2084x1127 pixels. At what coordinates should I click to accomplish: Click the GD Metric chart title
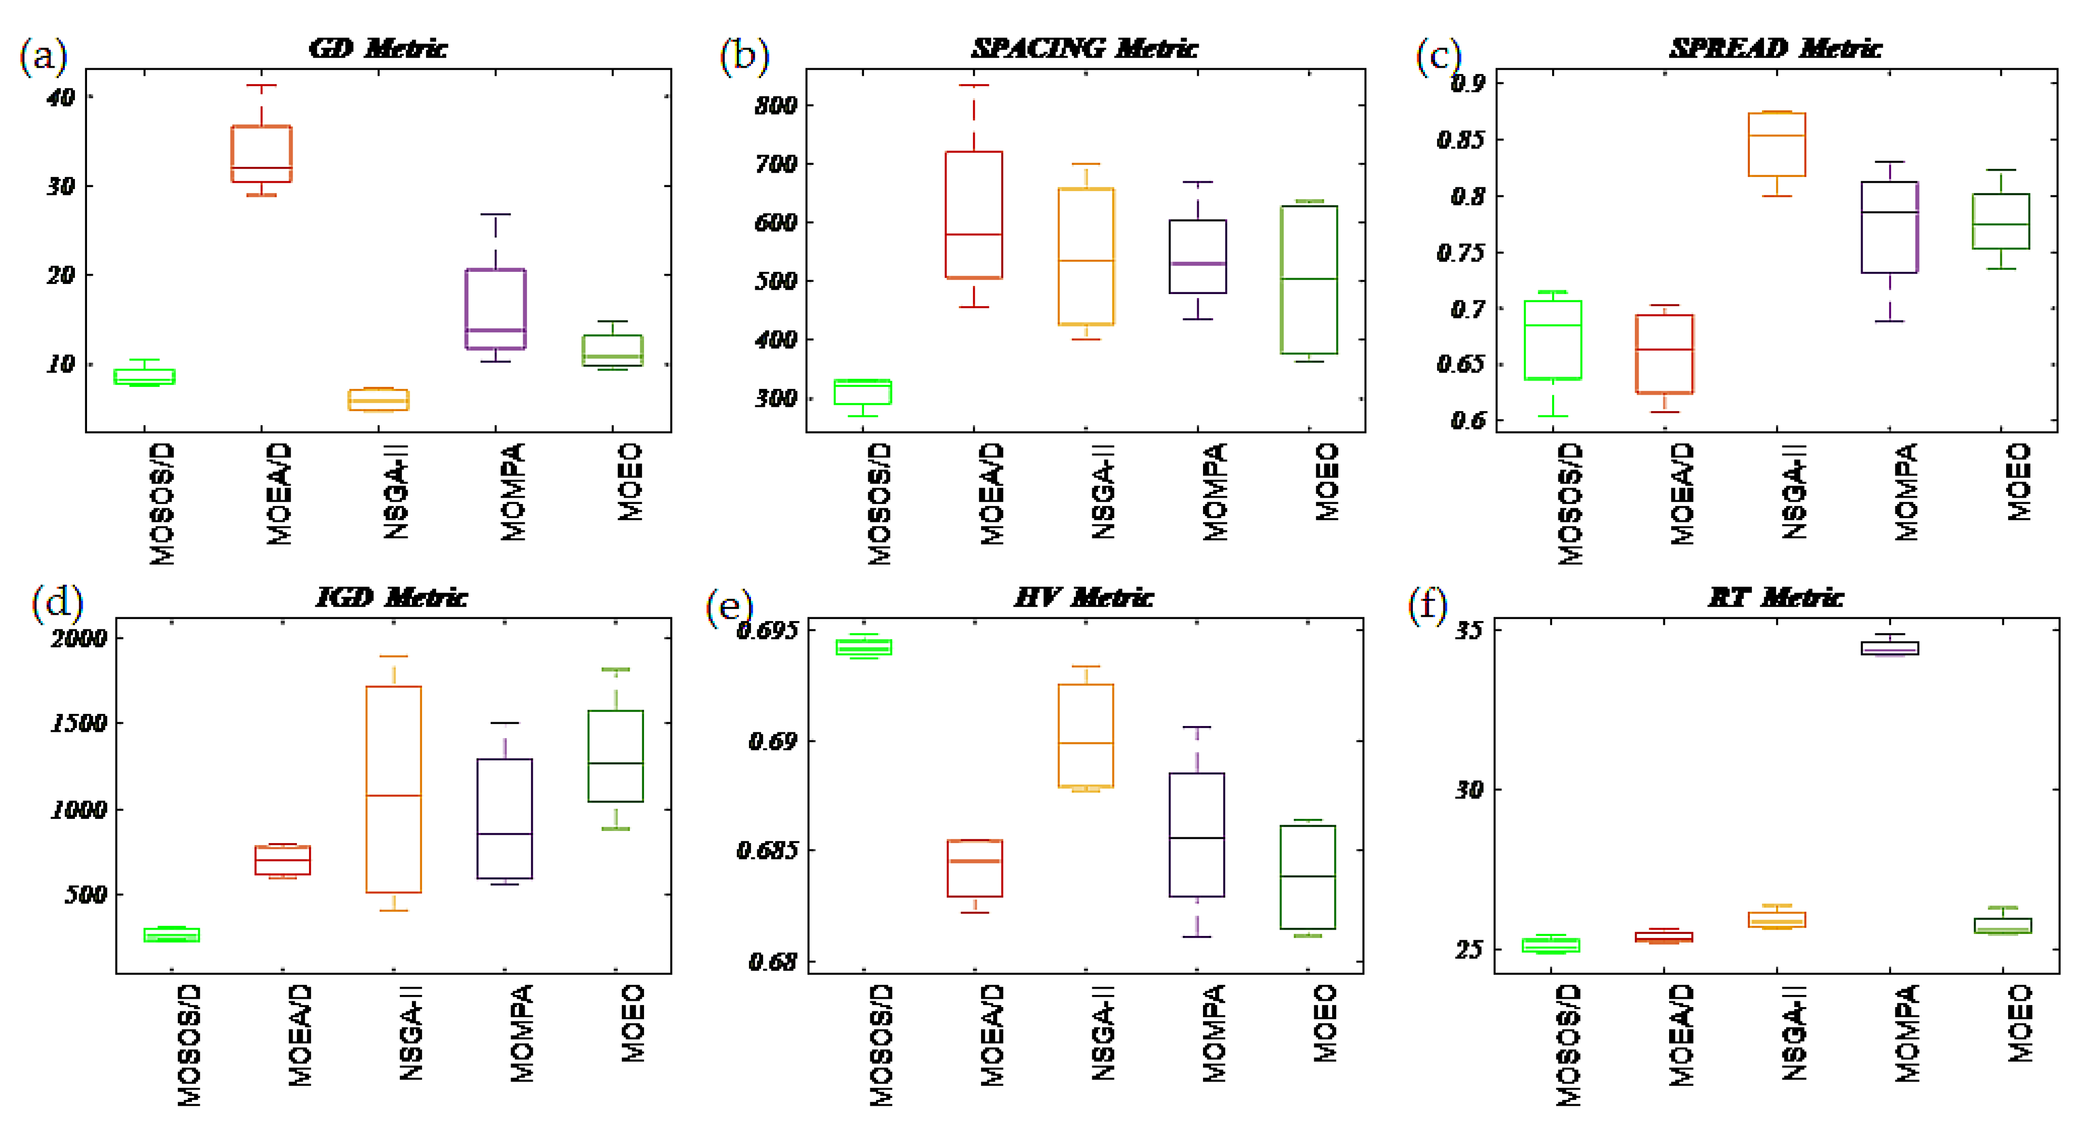377,48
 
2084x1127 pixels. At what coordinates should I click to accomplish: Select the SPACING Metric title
1084,48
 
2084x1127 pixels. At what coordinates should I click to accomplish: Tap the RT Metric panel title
1776,598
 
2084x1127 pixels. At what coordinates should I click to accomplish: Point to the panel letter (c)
1438,57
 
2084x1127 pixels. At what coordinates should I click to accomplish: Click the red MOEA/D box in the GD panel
261,154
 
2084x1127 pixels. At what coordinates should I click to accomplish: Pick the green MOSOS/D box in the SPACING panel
863,392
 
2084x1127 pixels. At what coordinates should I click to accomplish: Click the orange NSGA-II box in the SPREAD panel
1776,144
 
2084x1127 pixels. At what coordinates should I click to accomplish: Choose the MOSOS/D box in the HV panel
864,647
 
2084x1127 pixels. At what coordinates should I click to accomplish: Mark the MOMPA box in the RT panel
1890,648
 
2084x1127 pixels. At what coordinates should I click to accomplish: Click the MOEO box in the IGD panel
616,756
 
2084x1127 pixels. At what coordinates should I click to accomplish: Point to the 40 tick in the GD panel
60,97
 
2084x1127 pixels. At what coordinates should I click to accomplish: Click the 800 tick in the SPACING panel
775,105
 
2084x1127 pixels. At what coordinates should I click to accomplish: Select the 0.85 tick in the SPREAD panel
1461,140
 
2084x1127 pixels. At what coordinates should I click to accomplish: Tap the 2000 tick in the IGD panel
78,638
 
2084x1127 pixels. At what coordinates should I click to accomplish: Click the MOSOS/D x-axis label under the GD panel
162,503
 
